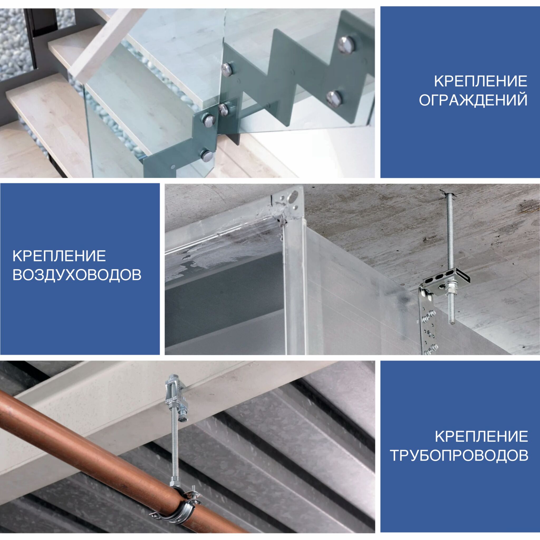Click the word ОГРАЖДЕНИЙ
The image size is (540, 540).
(x=473, y=100)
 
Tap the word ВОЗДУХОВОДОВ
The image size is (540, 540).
(x=77, y=275)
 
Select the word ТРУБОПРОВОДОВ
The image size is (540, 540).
(x=459, y=455)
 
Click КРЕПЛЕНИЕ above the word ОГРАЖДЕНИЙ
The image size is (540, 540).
(x=480, y=81)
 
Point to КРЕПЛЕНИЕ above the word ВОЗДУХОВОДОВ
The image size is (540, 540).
(x=59, y=256)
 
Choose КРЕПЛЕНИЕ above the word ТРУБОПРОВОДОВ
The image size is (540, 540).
(x=481, y=436)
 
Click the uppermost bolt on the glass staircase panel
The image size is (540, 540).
(x=346, y=44)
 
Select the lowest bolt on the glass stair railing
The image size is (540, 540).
(x=207, y=155)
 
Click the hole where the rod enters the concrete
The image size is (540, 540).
(x=447, y=195)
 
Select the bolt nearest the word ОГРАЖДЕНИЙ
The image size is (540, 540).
(x=334, y=99)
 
